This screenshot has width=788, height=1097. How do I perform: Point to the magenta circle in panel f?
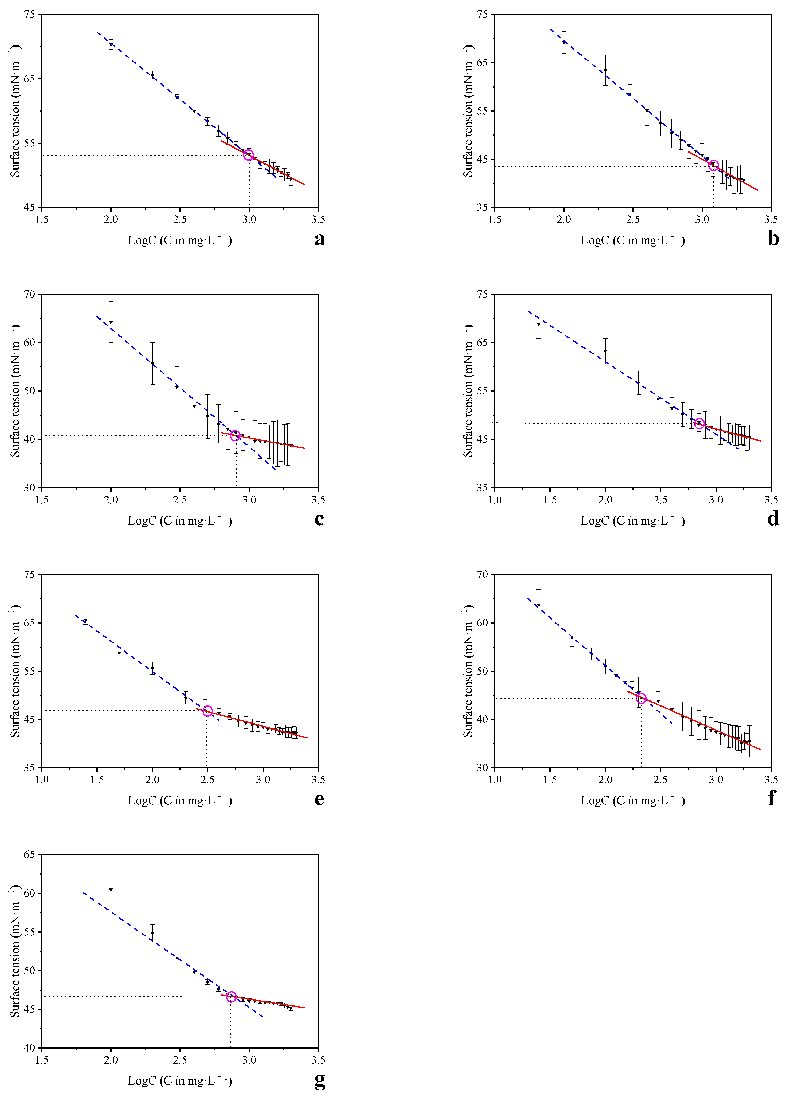[641, 698]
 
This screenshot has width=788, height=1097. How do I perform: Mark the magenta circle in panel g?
[231, 996]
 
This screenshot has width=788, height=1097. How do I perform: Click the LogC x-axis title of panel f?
[633, 800]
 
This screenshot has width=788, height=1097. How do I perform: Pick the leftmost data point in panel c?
[111, 322]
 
